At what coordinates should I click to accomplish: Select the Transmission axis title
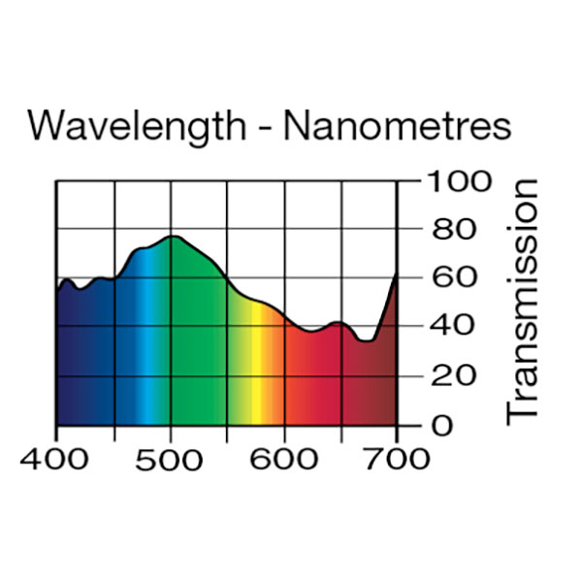coord(523,300)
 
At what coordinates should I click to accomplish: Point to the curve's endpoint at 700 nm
coord(397,276)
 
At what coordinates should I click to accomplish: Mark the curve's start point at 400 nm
coord(56,289)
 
